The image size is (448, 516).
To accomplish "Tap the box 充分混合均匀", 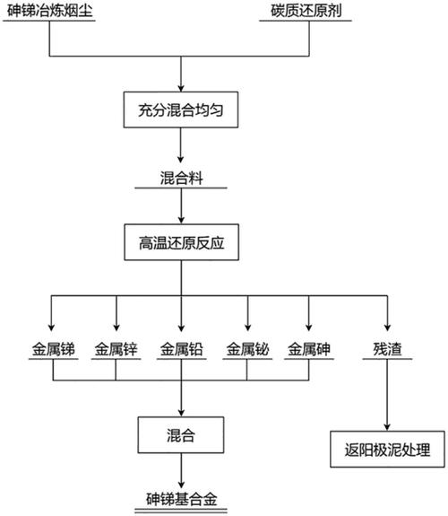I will coord(182,110).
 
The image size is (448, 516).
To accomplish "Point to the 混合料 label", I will coord(182,178).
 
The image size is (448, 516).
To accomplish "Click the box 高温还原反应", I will coord(182,242).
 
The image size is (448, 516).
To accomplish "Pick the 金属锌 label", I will coord(116,351).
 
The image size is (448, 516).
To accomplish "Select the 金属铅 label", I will coord(182,351).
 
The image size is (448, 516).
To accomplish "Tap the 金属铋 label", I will coord(248,351).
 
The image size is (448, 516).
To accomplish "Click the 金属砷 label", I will coord(309,351).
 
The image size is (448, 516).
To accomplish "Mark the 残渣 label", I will coord(387,351).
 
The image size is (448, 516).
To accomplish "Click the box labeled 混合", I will coord(182,436).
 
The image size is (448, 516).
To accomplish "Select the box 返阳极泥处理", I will coord(387,450).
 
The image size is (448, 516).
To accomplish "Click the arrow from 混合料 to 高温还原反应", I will coord(182,206).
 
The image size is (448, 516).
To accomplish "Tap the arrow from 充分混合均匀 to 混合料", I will coord(182,146).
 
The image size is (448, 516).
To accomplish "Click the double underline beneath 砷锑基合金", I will coord(182,509).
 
